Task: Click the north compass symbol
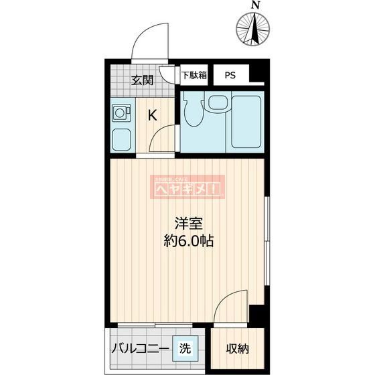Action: [x=255, y=28]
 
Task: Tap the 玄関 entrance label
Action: [x=141, y=80]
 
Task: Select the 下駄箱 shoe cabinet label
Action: [x=195, y=75]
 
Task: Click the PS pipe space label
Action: [x=230, y=75]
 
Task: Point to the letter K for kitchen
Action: [x=153, y=115]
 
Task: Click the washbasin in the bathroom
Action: [x=218, y=102]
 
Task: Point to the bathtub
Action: [x=244, y=121]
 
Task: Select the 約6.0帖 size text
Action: [x=189, y=242]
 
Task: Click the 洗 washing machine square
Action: [x=184, y=348]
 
